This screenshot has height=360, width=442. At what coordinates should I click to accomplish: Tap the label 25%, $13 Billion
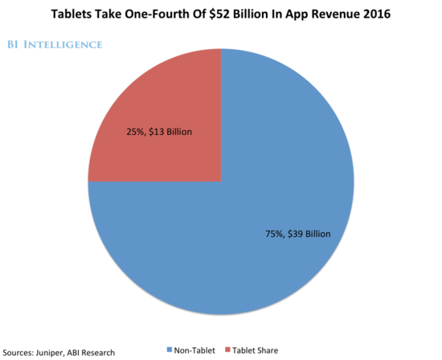click(x=159, y=132)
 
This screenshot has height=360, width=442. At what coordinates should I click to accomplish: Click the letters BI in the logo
click(x=19, y=44)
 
